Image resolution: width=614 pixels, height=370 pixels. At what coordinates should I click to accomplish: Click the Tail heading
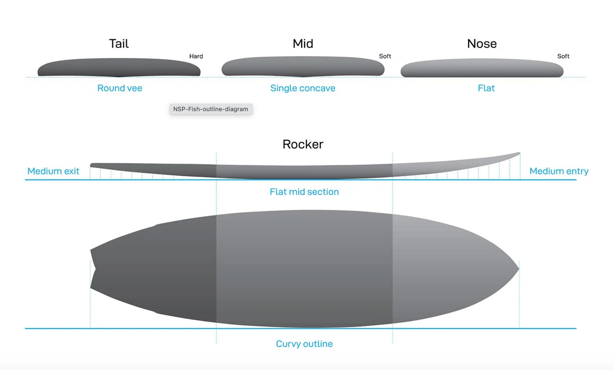(119, 44)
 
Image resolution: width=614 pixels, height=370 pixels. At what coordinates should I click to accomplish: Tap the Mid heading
(303, 44)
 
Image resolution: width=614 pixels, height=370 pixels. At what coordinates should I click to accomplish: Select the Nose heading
(481, 44)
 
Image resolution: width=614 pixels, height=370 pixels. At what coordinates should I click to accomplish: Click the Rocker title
(303, 144)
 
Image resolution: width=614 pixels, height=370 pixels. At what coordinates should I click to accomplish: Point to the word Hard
(196, 56)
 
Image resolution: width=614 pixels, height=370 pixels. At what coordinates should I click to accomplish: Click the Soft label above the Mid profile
(385, 56)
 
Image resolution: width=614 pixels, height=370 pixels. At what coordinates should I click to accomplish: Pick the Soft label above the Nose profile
(563, 56)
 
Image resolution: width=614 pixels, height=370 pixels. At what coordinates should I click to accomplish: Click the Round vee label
(119, 88)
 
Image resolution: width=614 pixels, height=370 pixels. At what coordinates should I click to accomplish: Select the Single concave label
(303, 88)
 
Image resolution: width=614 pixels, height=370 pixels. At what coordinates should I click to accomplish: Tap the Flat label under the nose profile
(486, 88)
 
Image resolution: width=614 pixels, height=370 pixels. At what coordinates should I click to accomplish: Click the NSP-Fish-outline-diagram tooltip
(211, 109)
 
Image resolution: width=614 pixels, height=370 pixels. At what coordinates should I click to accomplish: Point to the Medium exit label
(53, 171)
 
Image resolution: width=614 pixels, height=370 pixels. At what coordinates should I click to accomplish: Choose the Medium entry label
(559, 171)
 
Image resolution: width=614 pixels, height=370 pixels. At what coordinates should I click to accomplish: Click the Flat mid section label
(304, 192)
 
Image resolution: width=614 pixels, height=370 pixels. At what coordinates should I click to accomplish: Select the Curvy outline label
(304, 344)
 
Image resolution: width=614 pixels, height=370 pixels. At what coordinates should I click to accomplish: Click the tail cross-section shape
(119, 68)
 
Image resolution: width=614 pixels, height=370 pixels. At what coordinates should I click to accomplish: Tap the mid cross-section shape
(303, 67)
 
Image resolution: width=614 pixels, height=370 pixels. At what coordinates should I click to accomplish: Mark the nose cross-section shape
(482, 68)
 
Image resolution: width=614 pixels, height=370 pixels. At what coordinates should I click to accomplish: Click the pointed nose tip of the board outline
(518, 268)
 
